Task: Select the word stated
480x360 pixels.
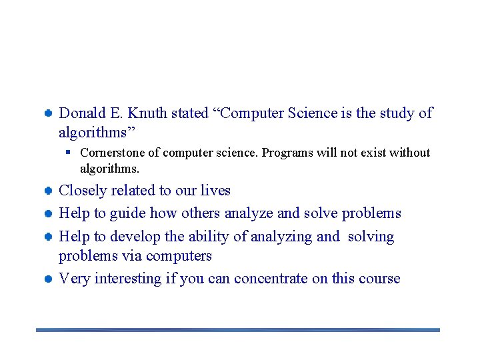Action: pyautogui.click(x=189, y=113)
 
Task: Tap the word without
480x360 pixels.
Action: pyautogui.click(x=409, y=153)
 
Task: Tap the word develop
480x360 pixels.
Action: pyautogui.click(x=135, y=237)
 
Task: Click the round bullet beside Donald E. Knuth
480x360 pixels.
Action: pyautogui.click(x=49, y=113)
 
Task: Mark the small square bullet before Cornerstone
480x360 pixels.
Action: pyautogui.click(x=69, y=153)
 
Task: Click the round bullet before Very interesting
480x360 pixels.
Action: pyautogui.click(x=49, y=279)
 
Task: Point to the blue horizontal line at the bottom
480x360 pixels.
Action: pyautogui.click(x=238, y=329)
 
